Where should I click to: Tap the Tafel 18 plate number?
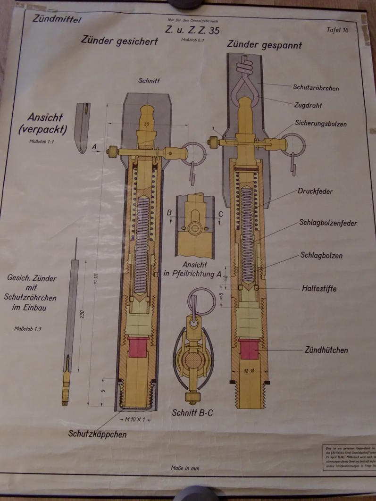(x=337, y=30)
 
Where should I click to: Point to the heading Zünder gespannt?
(x=264, y=45)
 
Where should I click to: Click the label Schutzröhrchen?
(x=316, y=88)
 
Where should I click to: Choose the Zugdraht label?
(x=307, y=106)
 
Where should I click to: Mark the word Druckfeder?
(x=315, y=192)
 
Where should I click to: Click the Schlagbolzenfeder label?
(x=327, y=223)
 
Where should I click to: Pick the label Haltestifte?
(x=319, y=288)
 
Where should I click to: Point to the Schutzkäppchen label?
(x=97, y=434)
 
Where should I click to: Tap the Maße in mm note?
(x=184, y=468)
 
